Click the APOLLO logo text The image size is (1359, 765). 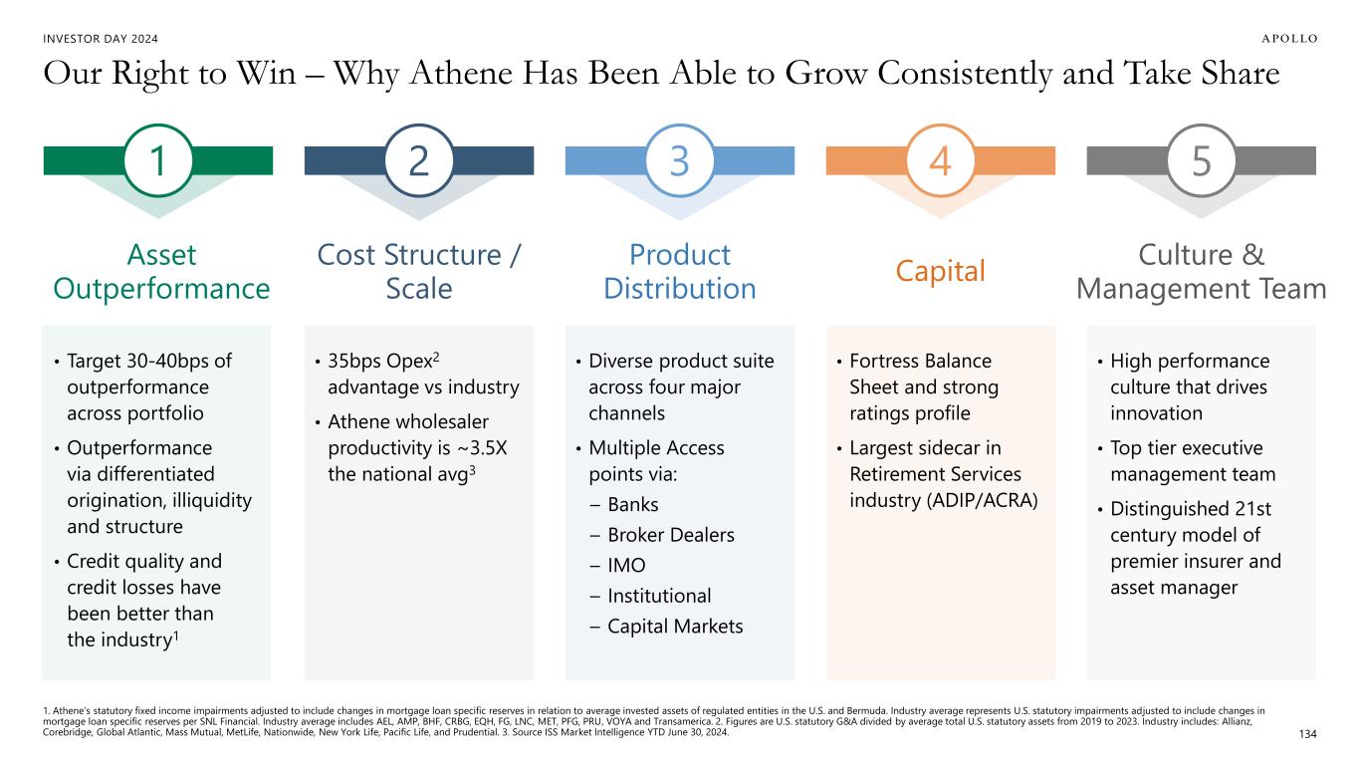(1290, 39)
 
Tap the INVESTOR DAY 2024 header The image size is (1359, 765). (101, 39)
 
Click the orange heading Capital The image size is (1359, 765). (941, 271)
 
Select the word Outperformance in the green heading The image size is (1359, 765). (161, 289)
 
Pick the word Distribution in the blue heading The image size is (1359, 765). (680, 289)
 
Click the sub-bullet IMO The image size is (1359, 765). (626, 565)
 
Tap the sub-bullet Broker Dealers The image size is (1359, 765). (671, 535)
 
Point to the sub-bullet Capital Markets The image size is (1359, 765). (675, 626)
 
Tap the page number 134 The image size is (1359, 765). (1307, 734)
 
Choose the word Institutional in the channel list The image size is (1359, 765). (659, 596)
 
